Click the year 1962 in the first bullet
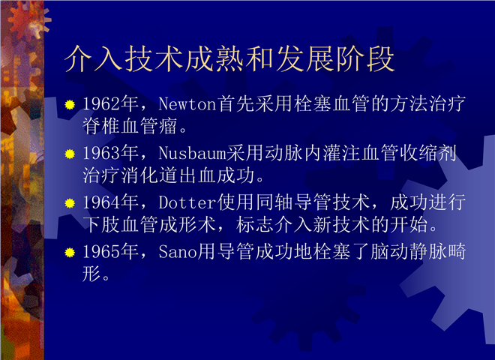(102, 103)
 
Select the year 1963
(102, 153)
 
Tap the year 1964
(102, 202)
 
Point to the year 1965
(102, 251)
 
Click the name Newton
(187, 103)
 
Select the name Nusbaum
(192, 153)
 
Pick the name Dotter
(187, 202)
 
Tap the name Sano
(178, 252)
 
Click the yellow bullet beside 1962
(70, 104)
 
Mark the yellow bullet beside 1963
(70, 154)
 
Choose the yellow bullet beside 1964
(70, 203)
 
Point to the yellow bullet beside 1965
(70, 252)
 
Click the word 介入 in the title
(94, 59)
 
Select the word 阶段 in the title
(365, 59)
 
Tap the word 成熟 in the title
(214, 59)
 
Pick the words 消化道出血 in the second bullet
(169, 175)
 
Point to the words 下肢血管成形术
(149, 224)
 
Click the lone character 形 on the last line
(91, 274)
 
